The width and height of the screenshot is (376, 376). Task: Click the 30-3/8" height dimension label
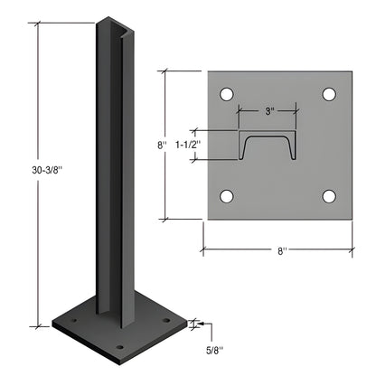[19, 170]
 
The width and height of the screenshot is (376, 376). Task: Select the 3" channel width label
[269, 111]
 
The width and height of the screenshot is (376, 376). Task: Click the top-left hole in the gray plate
[227, 93]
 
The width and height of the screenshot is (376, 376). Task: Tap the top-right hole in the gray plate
[330, 93]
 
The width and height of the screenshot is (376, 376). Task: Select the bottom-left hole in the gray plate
[227, 196]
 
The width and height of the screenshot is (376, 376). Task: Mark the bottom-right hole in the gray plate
[330, 196]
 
